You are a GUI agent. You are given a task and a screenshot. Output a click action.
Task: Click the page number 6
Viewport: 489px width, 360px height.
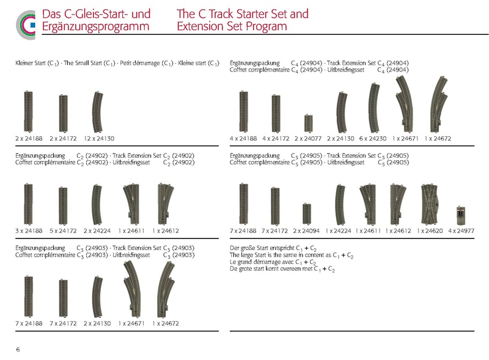tap(18, 348)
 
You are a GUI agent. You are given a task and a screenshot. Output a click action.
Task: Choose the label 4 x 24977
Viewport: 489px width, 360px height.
tap(460, 231)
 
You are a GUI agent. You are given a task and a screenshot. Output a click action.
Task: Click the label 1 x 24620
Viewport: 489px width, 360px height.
tap(428, 231)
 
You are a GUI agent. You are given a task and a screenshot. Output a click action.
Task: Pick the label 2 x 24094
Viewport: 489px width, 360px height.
tap(307, 231)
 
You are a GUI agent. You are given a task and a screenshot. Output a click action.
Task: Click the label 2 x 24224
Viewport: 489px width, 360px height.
tap(97, 231)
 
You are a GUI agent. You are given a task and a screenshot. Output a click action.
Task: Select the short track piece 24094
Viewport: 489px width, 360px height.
tap(307, 214)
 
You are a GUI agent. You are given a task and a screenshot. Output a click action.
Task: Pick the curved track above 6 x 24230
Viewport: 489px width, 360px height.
tap(374, 107)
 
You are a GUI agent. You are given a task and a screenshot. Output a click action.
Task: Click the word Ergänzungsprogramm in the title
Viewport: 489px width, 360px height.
tap(97, 27)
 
